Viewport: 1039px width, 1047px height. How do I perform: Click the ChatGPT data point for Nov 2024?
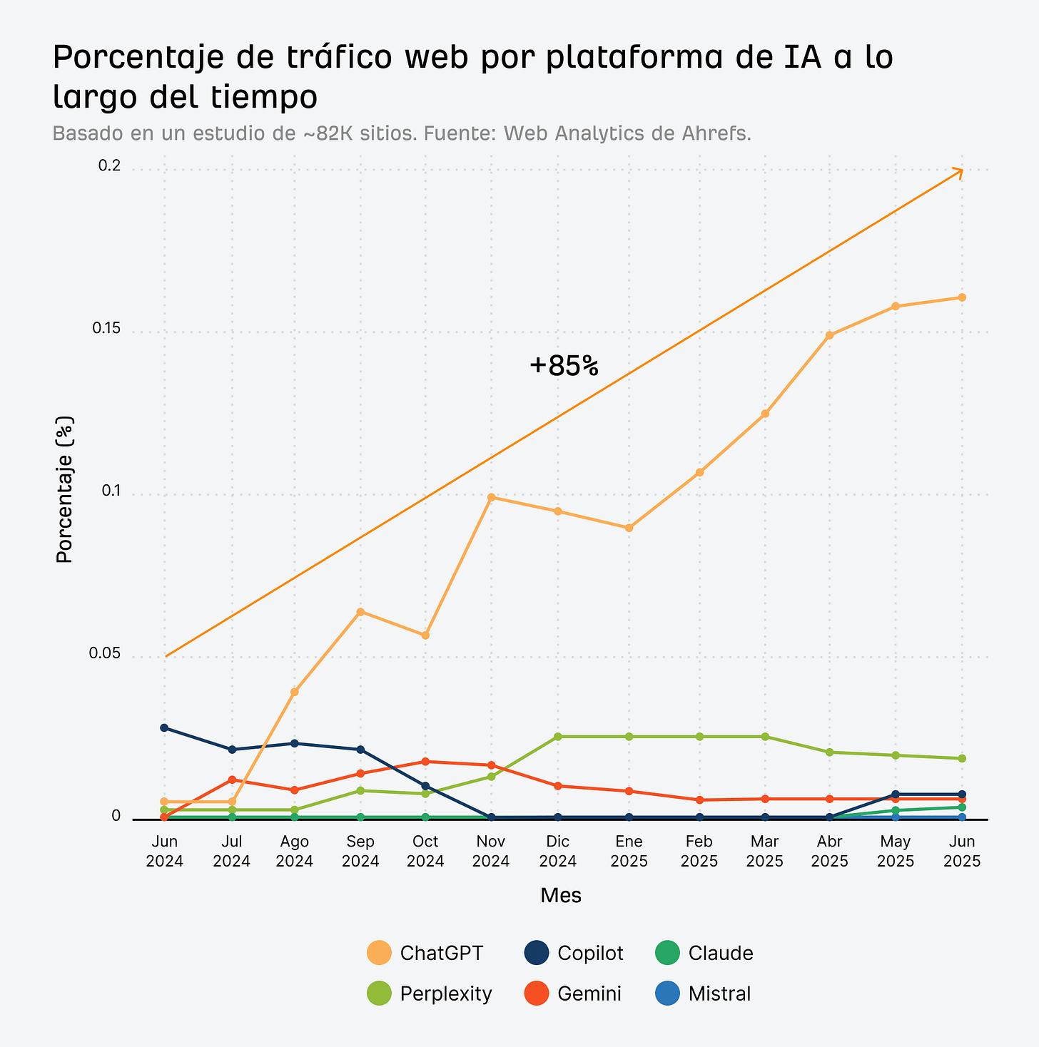491,497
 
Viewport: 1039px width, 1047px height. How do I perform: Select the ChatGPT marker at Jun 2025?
962,297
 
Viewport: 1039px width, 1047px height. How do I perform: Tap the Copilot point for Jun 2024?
164,727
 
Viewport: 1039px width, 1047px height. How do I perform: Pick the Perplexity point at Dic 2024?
557,736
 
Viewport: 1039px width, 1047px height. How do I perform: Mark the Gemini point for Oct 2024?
425,761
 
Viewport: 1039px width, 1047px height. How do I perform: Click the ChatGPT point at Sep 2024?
360,611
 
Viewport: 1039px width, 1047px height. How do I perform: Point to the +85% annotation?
564,366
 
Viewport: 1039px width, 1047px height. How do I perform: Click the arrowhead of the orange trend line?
960,171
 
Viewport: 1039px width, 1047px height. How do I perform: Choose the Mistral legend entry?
703,994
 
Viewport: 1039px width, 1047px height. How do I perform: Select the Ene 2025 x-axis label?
629,852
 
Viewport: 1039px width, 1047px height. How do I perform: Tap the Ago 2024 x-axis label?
294,852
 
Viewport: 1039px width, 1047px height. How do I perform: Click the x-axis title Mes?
561,896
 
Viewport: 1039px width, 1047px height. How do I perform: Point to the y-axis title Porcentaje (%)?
65,491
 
